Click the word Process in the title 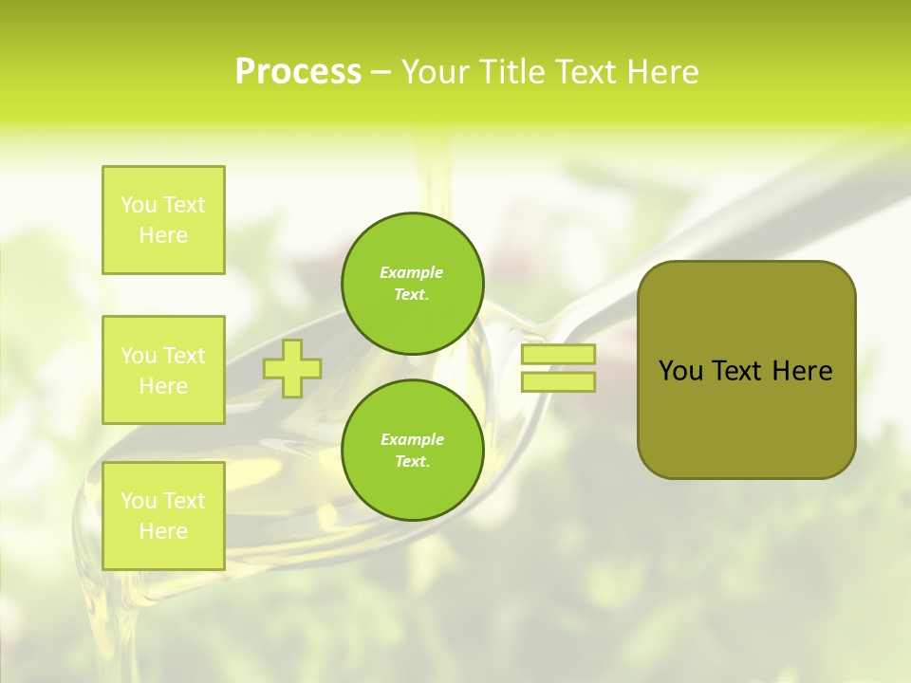click(x=298, y=72)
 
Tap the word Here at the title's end click(x=660, y=72)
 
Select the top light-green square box click(x=163, y=220)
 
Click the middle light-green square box click(x=163, y=370)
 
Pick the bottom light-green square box click(x=163, y=516)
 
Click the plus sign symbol click(x=292, y=368)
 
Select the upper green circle click(x=413, y=284)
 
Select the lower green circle click(x=413, y=451)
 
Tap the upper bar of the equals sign click(x=558, y=354)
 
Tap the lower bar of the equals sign click(x=558, y=382)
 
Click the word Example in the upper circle click(x=412, y=272)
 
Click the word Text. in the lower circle click(x=412, y=462)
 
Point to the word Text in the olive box click(x=735, y=371)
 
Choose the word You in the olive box click(x=680, y=371)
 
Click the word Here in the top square click(x=163, y=235)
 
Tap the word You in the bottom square click(x=139, y=501)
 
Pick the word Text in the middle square click(x=184, y=356)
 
